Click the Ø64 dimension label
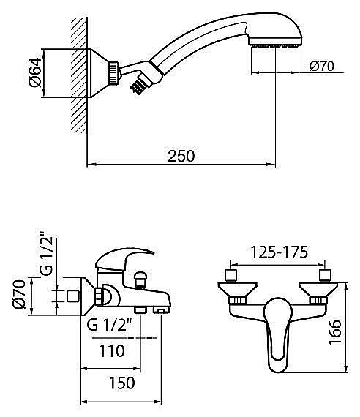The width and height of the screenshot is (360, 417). coord(35,72)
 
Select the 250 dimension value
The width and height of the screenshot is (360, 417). coord(181,156)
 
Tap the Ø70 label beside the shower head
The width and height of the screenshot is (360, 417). coord(322,66)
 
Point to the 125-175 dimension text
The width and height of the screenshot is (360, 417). coord(280,252)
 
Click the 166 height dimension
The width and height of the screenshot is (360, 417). coord(334,332)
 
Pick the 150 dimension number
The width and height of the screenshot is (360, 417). coord(122,383)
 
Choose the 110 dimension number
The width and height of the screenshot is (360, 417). coord(112,350)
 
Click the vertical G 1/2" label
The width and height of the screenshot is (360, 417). coord(46,253)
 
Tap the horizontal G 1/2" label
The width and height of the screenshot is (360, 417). coord(109,325)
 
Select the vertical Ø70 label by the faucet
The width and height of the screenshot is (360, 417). coord(20,294)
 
